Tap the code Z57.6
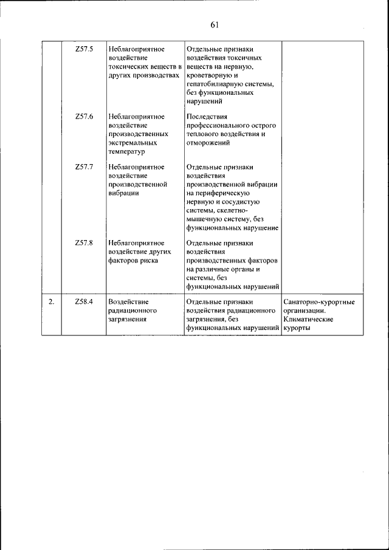point(84,116)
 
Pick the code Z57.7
point(84,166)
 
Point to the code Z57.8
point(84,242)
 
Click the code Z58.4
point(84,301)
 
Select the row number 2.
point(52,301)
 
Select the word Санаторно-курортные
point(319,301)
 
